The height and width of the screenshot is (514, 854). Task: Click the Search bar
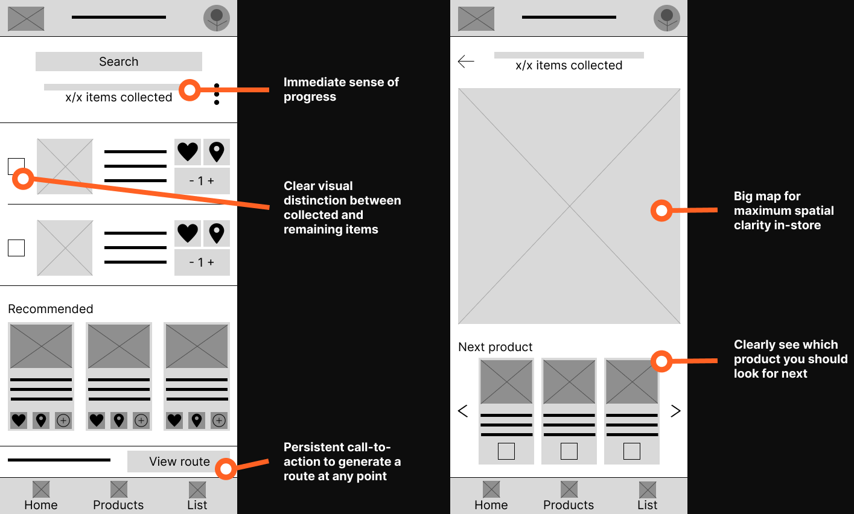pos(118,62)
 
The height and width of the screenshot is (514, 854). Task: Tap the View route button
pos(179,462)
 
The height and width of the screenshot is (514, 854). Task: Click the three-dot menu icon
pos(217,94)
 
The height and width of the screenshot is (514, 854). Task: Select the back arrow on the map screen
pos(466,61)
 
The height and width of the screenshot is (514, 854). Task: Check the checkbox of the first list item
pos(16,167)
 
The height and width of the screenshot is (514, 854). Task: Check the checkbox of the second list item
pos(16,248)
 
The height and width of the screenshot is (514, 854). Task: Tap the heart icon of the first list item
pos(188,152)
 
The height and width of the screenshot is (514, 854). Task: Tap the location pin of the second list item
pos(217,233)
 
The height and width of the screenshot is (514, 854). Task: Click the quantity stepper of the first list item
pos(202,181)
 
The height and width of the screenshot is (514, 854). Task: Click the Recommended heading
pos(51,309)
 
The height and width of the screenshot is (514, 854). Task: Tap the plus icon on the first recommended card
pos(63,420)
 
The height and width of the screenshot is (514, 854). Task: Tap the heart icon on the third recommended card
pos(174,420)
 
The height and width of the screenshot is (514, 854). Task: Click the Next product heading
pos(496,347)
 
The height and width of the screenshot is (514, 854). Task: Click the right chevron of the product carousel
pos(676,411)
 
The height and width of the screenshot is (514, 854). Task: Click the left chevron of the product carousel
pos(463,411)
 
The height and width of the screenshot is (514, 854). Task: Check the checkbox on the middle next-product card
pos(569,451)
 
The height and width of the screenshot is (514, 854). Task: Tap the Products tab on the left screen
pos(118,496)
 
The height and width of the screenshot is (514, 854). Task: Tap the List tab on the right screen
pos(648,496)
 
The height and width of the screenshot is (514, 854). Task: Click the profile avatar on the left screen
pos(217,18)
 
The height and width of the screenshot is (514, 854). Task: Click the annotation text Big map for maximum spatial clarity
pos(783,211)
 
